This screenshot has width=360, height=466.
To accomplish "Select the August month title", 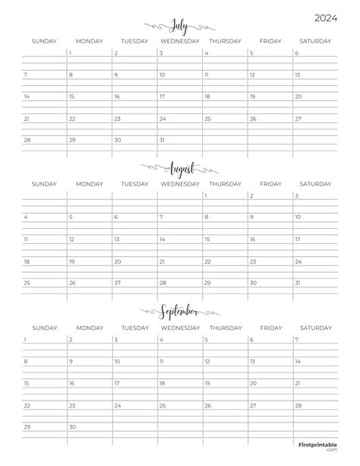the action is coord(180,167).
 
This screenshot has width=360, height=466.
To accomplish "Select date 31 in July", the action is coord(162,141).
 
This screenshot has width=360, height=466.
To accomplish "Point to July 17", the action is coord(162,97).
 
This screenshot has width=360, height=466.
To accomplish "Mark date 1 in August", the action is coord(207,195).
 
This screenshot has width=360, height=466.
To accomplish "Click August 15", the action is coord(207,239).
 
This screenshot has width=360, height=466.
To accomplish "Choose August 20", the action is coord(116,262).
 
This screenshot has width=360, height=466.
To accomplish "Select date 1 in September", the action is coord(25,339).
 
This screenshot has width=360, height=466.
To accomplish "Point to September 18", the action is coord(162,383).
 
